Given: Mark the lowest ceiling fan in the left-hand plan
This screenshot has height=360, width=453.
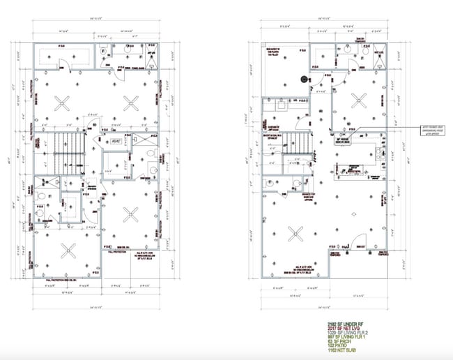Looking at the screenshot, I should [x=68, y=250].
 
